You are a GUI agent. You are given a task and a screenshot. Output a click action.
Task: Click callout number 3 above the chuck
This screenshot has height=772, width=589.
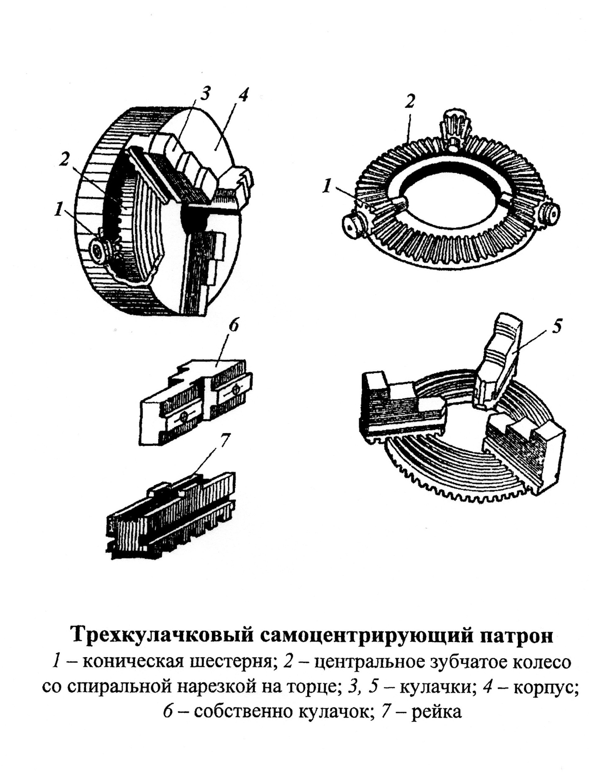tap(205, 94)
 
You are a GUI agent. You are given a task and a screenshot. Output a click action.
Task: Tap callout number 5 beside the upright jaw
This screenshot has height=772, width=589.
tap(557, 326)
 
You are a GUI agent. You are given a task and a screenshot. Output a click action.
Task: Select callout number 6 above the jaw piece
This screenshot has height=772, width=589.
tap(234, 326)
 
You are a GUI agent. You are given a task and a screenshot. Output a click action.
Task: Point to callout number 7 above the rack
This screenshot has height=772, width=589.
tap(225, 441)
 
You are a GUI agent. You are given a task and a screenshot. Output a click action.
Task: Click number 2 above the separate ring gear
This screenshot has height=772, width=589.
tap(410, 101)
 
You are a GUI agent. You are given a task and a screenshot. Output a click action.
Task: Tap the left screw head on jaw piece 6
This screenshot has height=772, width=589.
tap(184, 417)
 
